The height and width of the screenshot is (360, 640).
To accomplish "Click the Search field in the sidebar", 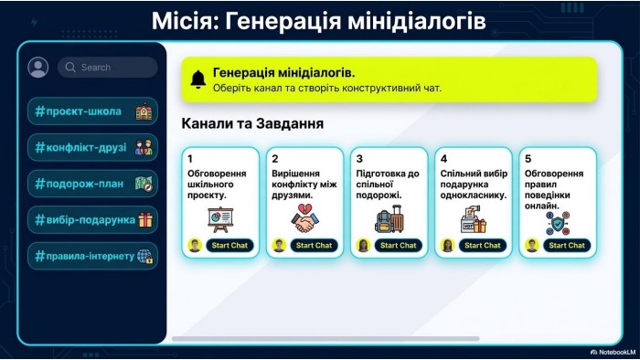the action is [107, 68].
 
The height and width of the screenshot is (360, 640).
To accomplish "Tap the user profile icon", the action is [38, 68].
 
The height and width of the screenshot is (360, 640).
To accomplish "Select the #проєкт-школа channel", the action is [92, 111].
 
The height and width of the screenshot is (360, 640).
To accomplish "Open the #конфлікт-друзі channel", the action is [92, 148].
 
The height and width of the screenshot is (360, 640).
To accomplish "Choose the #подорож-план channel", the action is [92, 184].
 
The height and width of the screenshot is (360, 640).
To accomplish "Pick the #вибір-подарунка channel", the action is [92, 220].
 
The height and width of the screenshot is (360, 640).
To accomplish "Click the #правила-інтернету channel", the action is [92, 256].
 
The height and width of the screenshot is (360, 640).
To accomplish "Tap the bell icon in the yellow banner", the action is [198, 79].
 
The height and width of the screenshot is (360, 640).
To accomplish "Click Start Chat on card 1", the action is [229, 246].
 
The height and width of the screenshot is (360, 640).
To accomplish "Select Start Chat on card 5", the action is [567, 246].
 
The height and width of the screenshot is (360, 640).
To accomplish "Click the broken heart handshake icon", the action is [304, 218].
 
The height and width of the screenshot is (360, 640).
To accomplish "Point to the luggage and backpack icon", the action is [389, 219].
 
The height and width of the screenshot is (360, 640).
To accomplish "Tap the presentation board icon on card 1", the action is [220, 220].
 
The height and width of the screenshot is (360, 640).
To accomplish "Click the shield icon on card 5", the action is [558, 224].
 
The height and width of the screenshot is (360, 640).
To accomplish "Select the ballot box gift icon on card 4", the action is [474, 219].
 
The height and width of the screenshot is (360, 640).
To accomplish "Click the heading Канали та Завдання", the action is [252, 123].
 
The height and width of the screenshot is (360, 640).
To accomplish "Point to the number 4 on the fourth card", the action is [443, 159].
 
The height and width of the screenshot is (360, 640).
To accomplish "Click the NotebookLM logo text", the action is [613, 353].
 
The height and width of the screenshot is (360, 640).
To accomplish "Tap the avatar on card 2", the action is [279, 246].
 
